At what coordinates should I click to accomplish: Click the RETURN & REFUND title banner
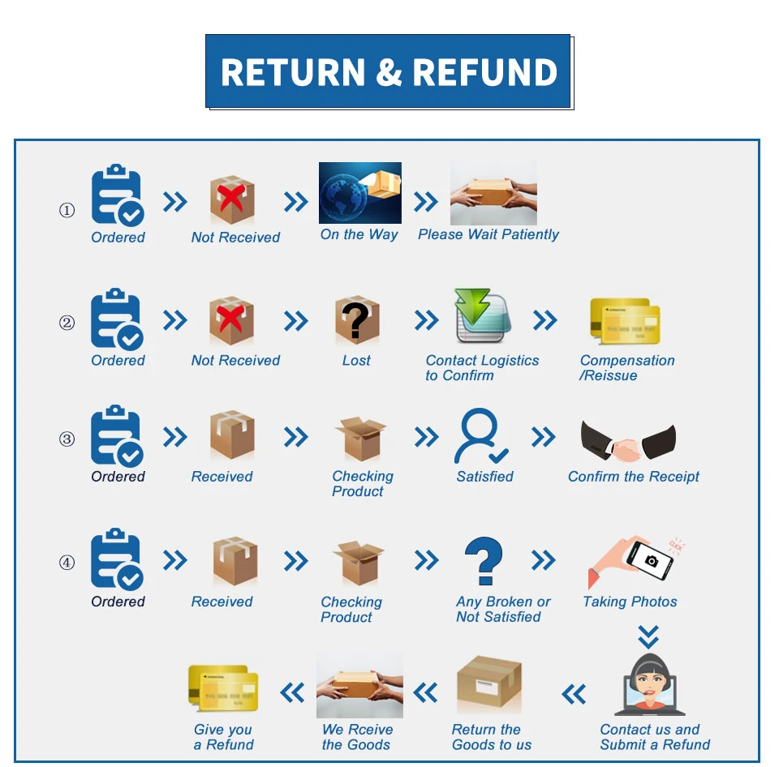click(389, 71)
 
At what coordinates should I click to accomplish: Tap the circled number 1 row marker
click(67, 211)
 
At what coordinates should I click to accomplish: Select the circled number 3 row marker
click(67, 439)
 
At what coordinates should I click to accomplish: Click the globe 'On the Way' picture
click(359, 193)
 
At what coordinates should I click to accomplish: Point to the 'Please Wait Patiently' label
click(488, 234)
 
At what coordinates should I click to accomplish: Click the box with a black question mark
click(356, 321)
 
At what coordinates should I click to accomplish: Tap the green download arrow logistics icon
click(480, 317)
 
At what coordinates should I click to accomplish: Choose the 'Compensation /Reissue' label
click(626, 368)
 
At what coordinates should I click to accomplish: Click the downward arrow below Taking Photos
click(648, 636)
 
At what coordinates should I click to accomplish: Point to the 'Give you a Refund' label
click(223, 737)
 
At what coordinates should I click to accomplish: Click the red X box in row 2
click(232, 320)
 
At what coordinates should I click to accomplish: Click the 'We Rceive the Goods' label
click(357, 737)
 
